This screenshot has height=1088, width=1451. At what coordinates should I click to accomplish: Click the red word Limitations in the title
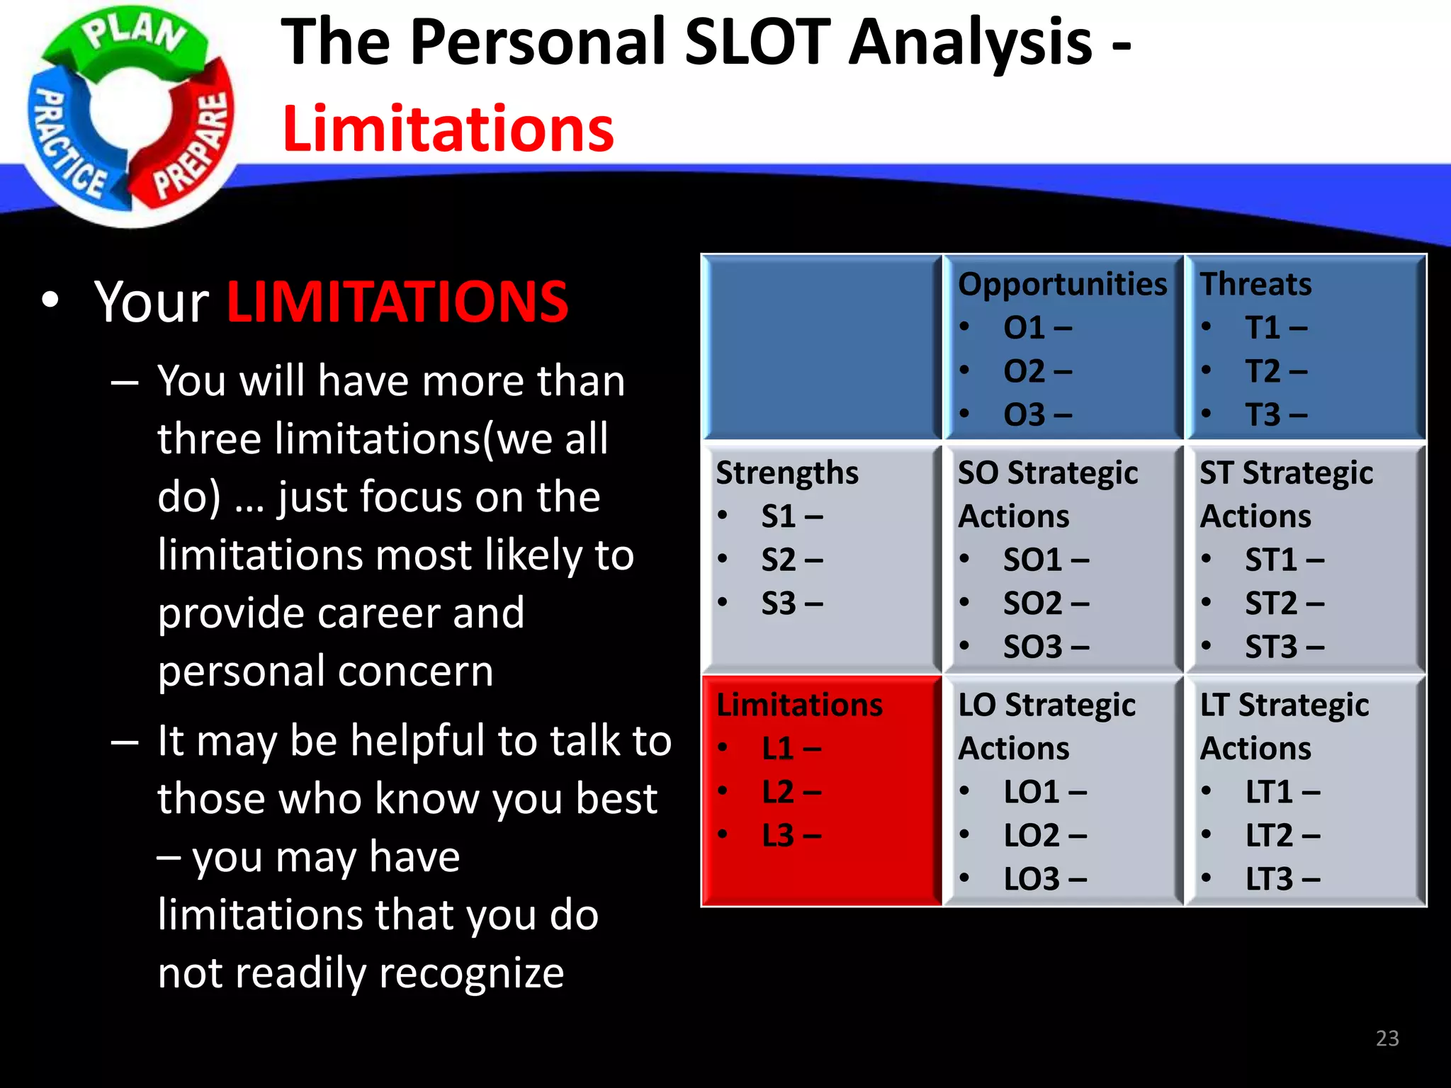click(448, 129)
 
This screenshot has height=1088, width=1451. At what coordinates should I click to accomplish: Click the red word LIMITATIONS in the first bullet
click(397, 302)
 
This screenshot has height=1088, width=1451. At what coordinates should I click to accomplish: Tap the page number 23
click(1387, 1038)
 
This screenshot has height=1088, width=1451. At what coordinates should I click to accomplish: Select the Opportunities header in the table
click(1062, 285)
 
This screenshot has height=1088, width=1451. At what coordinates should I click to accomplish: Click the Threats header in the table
click(1255, 285)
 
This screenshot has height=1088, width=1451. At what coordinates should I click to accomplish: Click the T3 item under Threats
click(1275, 415)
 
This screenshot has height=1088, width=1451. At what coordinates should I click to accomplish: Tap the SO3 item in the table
click(1045, 647)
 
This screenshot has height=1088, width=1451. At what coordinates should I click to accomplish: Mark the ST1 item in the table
click(1284, 560)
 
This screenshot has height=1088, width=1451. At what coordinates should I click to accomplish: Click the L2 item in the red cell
click(791, 792)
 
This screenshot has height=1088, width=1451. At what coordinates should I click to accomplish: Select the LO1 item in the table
click(1044, 792)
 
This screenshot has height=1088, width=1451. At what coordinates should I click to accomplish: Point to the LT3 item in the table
click(1282, 879)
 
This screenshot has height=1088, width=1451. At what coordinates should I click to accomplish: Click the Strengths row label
click(786, 473)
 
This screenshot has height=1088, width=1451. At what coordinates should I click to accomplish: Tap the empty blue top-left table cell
click(821, 347)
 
